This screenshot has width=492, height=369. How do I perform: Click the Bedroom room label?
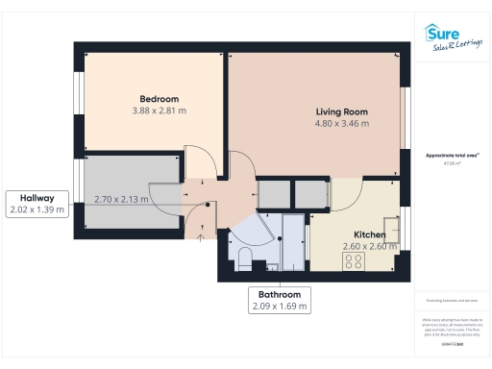(x=159, y=99)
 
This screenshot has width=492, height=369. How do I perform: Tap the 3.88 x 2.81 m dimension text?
(x=159, y=111)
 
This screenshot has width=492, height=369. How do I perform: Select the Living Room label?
(x=342, y=111)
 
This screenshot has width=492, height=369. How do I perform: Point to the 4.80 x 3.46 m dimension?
(x=342, y=124)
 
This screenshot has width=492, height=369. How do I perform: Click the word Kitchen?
(x=370, y=235)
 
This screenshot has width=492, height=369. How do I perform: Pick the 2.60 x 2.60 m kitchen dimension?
(x=370, y=247)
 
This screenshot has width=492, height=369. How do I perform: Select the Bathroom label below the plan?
(x=279, y=294)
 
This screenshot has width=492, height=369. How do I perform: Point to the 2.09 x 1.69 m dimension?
(x=279, y=307)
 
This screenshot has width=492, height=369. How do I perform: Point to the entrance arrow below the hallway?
(x=199, y=238)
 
